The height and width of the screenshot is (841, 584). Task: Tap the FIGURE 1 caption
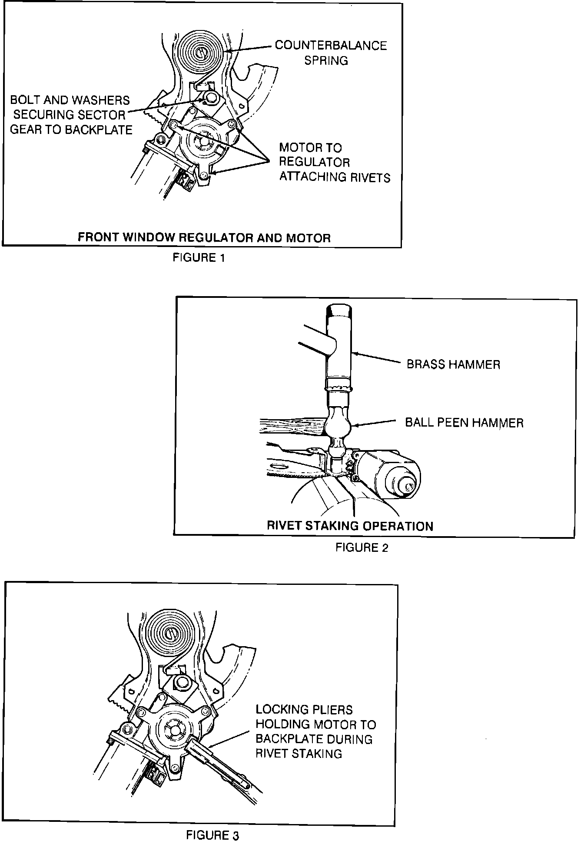[x=199, y=258]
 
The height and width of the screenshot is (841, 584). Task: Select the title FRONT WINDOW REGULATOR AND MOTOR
[x=204, y=238]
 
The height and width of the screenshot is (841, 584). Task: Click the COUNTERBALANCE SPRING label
[x=330, y=53]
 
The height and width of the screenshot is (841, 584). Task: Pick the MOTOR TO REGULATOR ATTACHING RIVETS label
[x=334, y=162]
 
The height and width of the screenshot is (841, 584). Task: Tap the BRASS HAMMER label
[x=453, y=364]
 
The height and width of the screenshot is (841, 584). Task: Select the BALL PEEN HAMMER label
[x=464, y=422]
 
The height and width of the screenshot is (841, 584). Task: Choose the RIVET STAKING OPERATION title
[x=350, y=526]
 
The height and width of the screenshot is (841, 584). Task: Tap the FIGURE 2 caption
[x=362, y=547]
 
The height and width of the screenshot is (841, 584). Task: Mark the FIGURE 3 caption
[x=212, y=835]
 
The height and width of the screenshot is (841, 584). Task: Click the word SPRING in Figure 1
[x=326, y=60]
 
